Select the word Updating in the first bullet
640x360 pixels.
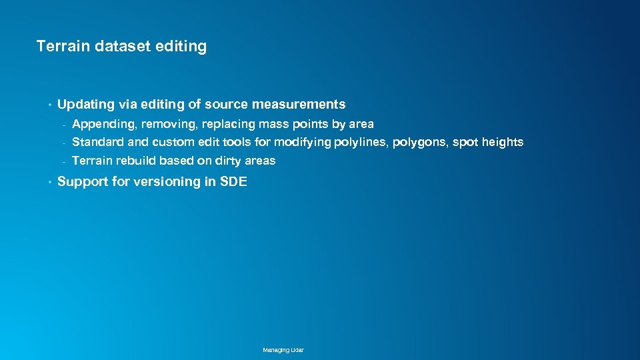coord(86,105)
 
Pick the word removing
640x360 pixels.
coord(167,124)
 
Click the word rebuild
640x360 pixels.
coord(136,161)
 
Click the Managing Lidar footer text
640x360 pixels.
coord(283,350)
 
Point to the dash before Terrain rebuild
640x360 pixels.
coord(64,161)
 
